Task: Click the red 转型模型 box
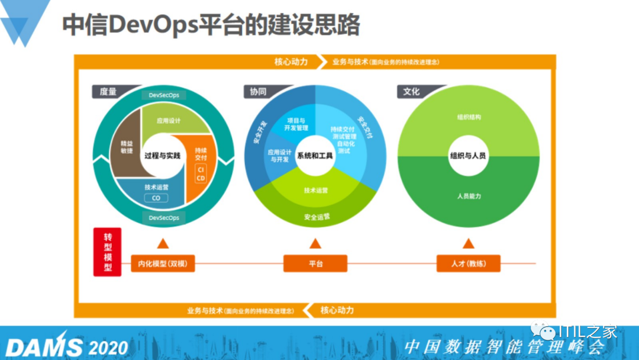click(107, 252)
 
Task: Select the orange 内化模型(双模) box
click(163, 263)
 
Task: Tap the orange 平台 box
click(315, 263)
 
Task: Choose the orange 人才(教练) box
click(469, 263)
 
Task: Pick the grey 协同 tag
click(258, 92)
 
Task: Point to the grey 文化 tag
click(411, 92)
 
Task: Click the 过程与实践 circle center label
click(162, 156)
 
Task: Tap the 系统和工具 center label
click(315, 156)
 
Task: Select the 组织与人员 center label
click(468, 156)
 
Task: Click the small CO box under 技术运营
click(156, 198)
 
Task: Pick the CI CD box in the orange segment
click(201, 174)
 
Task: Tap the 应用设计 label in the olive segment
click(169, 121)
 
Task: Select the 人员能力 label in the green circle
click(469, 196)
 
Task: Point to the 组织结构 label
click(469, 117)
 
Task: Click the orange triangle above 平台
click(315, 243)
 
